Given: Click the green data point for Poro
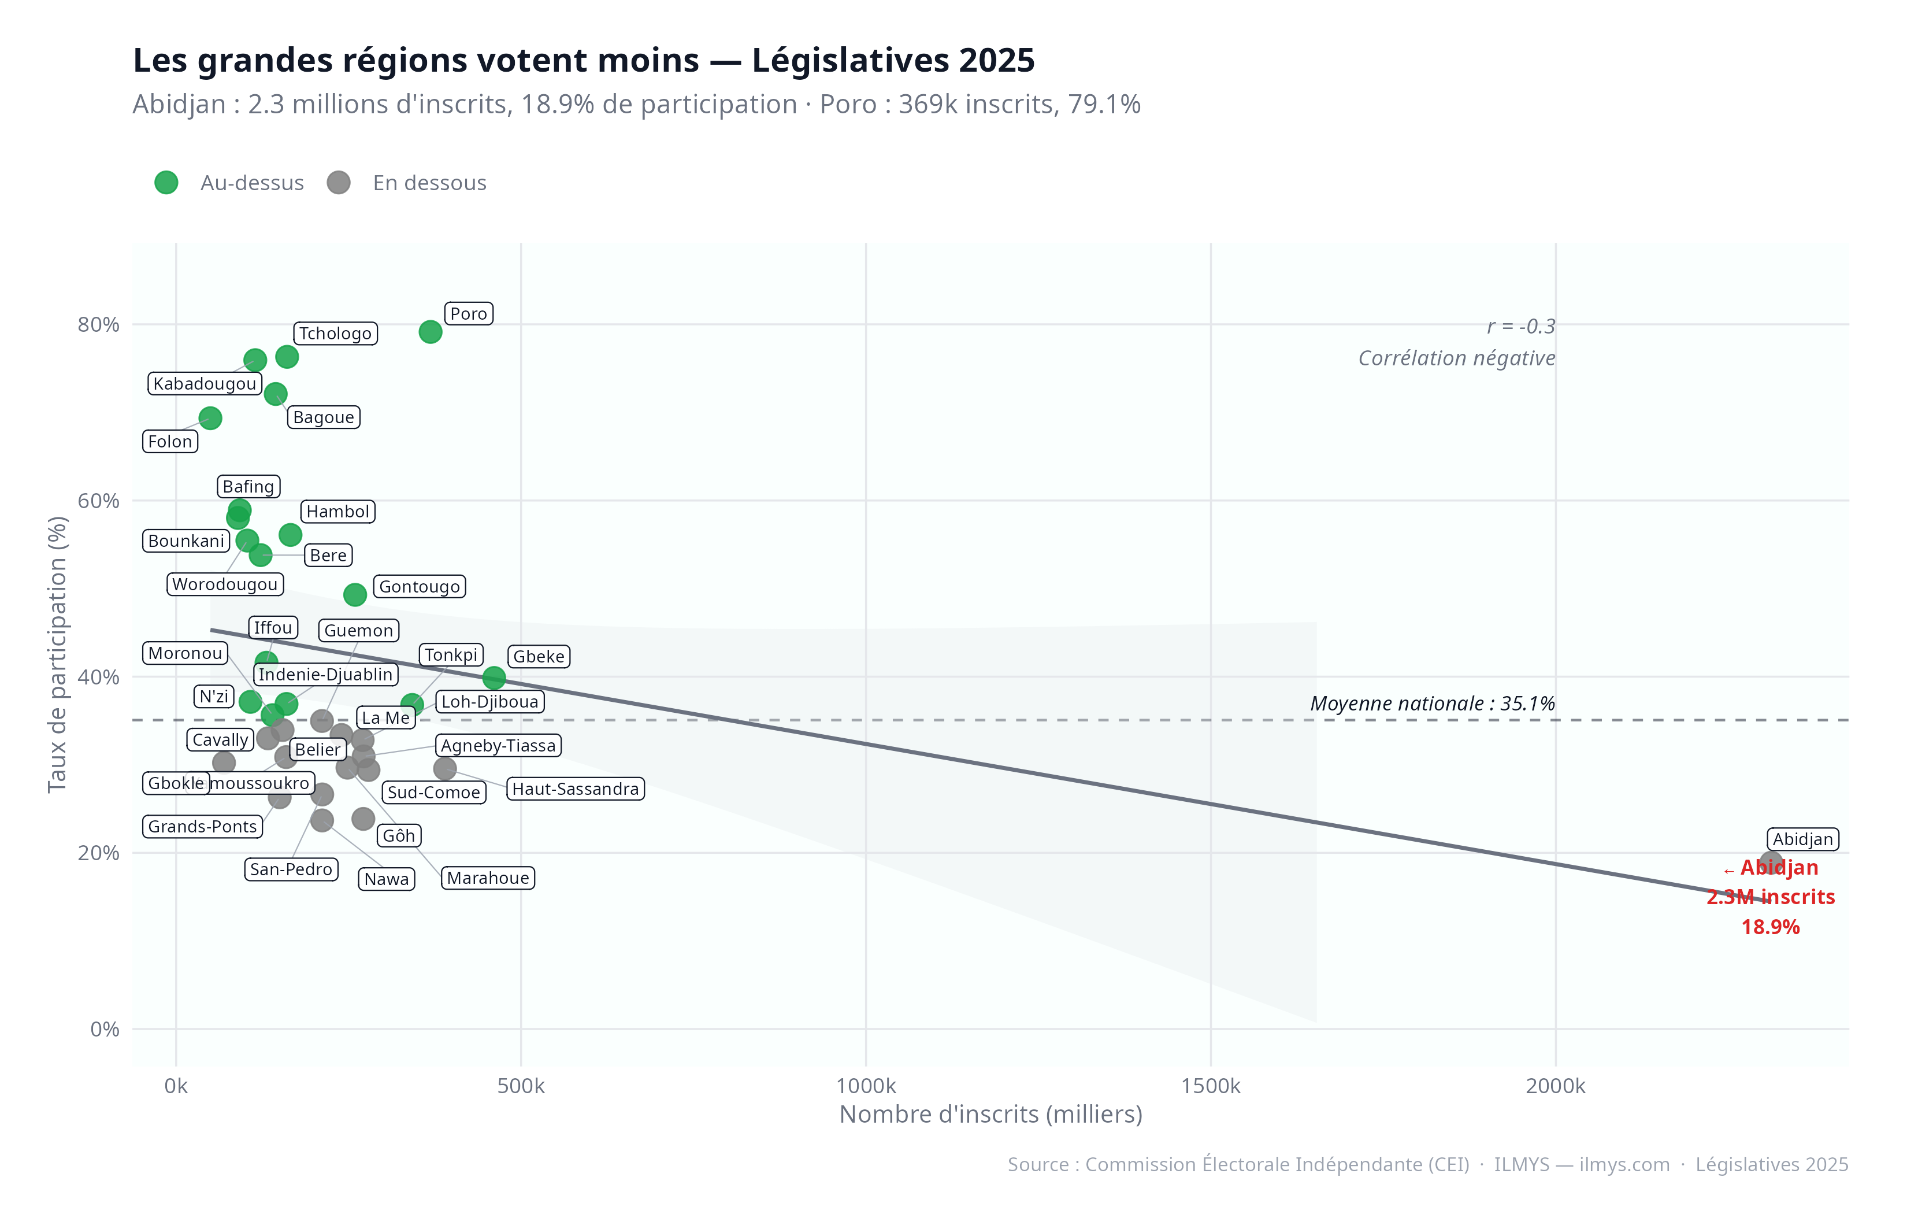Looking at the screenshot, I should (430, 332).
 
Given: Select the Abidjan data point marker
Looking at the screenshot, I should (1771, 863).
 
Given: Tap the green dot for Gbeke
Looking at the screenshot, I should (494, 678).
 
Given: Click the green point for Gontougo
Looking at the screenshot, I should (355, 594).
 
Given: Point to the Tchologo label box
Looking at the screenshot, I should (335, 334).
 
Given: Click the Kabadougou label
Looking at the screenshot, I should (205, 383).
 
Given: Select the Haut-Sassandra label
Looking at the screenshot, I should (575, 789).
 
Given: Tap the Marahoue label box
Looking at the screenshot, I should (488, 878).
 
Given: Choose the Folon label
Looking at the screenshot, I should (170, 442).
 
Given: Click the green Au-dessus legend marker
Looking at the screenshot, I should (166, 183).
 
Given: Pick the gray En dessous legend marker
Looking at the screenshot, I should (339, 183).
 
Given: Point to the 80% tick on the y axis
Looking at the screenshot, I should (99, 325).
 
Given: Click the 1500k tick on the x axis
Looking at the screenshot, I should (1210, 1086).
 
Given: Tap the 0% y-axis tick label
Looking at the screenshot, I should (105, 1030).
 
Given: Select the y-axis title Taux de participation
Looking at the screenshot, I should (57, 654).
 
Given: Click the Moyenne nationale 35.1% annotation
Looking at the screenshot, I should (1432, 704).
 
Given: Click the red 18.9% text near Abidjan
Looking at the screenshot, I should (1770, 927).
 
